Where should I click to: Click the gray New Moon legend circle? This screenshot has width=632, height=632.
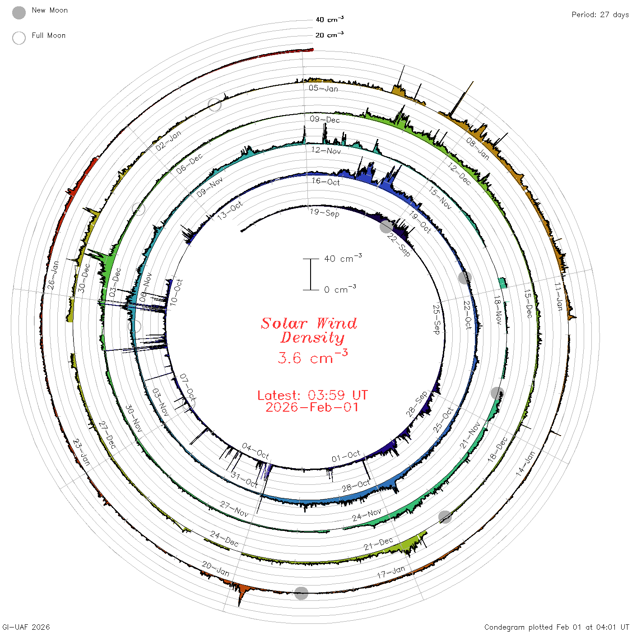(19, 13)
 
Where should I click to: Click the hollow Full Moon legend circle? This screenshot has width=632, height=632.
(19, 38)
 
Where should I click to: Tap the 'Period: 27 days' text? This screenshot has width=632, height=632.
(600, 15)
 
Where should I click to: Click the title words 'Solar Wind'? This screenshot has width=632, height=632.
(309, 323)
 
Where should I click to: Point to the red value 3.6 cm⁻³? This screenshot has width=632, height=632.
(312, 357)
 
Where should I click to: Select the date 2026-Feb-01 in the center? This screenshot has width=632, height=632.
(312, 407)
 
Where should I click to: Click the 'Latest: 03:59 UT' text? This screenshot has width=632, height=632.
(312, 395)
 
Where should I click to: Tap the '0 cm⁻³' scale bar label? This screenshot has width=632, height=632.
(340, 289)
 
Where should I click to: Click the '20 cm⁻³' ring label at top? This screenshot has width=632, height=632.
(329, 34)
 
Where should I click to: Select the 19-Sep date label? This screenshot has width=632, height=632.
(325, 213)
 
